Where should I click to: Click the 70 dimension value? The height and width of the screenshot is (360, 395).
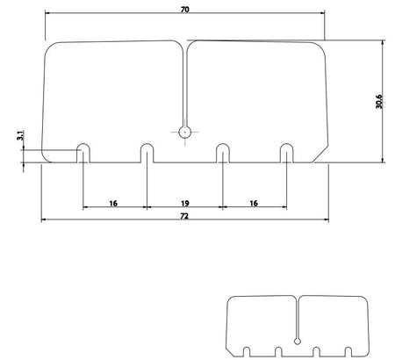[185, 10]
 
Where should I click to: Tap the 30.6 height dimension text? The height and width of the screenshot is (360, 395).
[379, 102]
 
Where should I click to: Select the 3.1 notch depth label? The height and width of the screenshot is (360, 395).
[20, 136]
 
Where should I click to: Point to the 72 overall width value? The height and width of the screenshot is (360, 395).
[184, 216]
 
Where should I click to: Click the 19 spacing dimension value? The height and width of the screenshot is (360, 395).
[185, 203]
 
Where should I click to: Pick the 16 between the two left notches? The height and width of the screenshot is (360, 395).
[113, 203]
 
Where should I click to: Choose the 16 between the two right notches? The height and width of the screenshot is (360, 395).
[254, 203]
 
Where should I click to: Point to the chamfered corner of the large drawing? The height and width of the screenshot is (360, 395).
[320, 154]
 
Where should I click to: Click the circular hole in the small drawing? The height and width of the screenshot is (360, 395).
[298, 342]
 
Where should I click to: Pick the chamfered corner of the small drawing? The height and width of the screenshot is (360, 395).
[230, 352]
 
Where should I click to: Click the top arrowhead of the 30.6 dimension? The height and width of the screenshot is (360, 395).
[382, 42]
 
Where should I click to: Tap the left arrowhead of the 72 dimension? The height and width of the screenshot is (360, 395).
[44, 220]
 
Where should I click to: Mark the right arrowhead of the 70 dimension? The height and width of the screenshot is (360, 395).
[322, 13]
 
